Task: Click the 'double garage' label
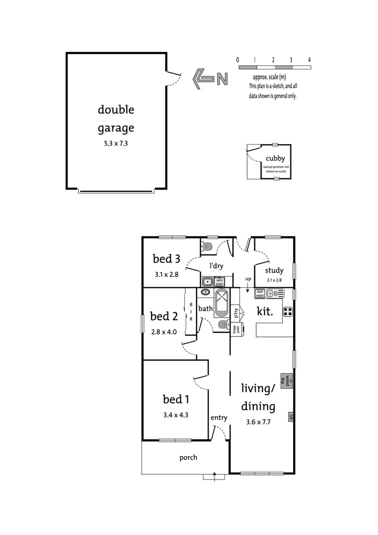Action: pos(116,119)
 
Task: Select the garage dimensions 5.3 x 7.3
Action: pos(116,144)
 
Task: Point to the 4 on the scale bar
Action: pos(309,59)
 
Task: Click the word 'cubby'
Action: pos(275,159)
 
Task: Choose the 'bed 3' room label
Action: pos(166,259)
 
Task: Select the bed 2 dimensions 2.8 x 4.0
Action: pos(163,331)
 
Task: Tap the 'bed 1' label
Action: pos(175,399)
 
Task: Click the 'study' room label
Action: pos(274,270)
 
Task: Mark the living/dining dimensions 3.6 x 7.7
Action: pos(258,423)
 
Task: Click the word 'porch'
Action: pos(188,457)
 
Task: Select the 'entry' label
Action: pos(218,418)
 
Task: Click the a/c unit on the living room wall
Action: pos(291,417)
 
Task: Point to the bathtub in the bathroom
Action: pos(221,303)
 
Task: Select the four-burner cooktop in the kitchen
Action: pos(287,312)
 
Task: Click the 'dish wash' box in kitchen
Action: pos(260,293)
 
